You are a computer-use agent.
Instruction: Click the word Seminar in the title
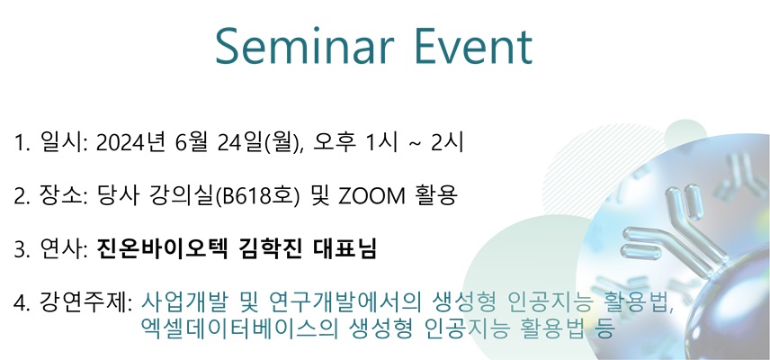click(304, 46)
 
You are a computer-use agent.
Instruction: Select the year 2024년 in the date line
click(130, 143)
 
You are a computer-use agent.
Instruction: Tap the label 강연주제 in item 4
click(83, 301)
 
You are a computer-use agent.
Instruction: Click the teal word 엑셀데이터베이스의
click(238, 328)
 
